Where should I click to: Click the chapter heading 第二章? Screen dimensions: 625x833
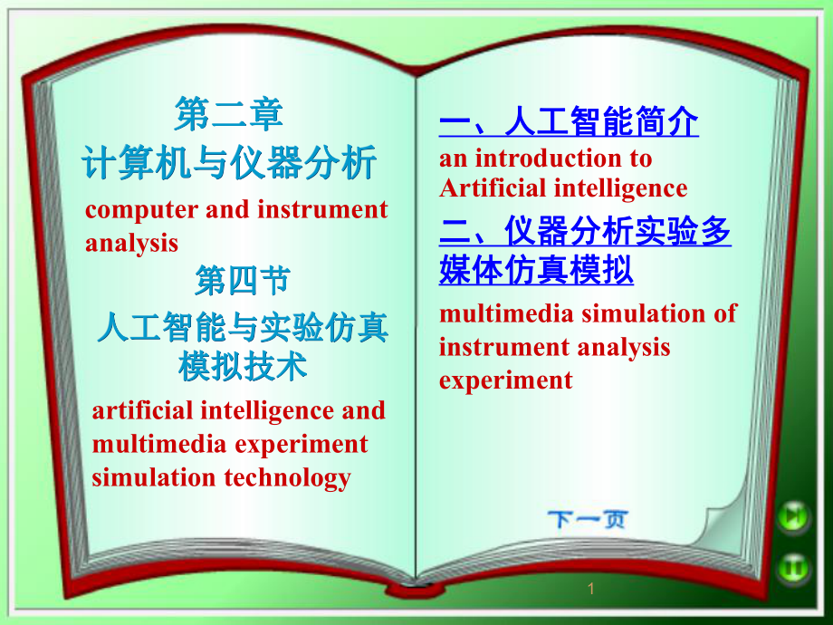tap(229, 115)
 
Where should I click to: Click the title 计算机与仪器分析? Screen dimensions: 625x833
tap(229, 165)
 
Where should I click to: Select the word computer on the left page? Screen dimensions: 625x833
tap(141, 210)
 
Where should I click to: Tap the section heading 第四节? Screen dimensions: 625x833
tap(243, 282)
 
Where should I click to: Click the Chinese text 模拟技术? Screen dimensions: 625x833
tap(243, 366)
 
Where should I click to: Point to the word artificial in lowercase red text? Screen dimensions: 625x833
tap(142, 410)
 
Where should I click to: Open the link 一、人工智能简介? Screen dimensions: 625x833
tap(569, 122)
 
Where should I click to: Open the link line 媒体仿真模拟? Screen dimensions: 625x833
tap(536, 271)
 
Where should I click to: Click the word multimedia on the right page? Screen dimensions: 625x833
tap(505, 313)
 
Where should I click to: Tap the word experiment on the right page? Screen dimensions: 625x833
tap(505, 380)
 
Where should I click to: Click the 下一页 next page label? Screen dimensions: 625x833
tap(587, 520)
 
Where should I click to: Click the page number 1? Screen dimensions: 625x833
tap(590, 590)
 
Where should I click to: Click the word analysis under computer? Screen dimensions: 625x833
tap(131, 243)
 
